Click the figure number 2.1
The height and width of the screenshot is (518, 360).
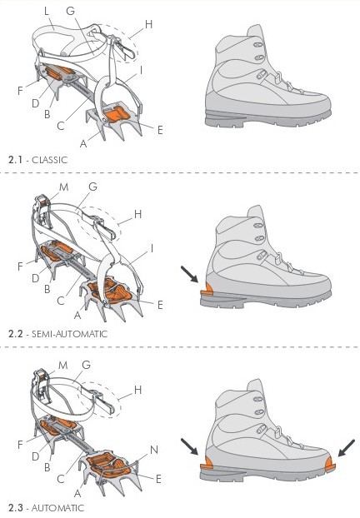15,158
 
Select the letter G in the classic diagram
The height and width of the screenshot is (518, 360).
71,9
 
